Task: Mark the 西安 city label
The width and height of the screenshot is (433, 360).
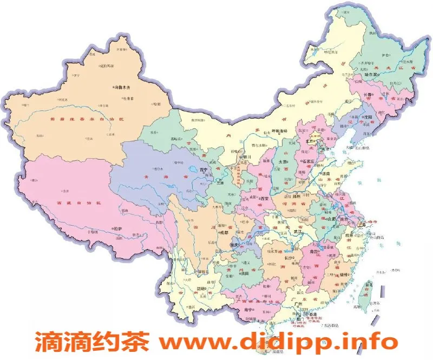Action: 265,199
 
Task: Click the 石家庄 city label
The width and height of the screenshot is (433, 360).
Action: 310,161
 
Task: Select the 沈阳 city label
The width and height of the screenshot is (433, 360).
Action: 381,116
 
